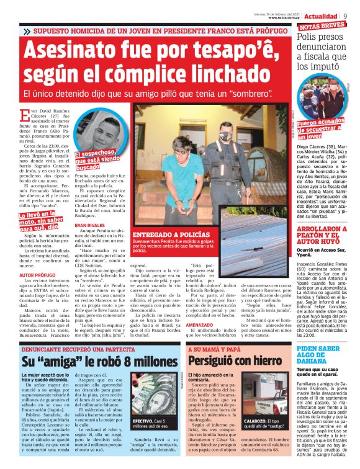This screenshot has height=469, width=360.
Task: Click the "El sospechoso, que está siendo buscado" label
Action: tap(99, 159)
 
